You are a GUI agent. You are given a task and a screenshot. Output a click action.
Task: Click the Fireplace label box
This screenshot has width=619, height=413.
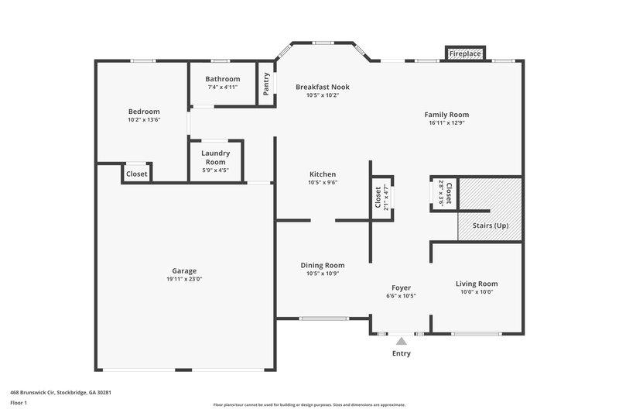[465, 53]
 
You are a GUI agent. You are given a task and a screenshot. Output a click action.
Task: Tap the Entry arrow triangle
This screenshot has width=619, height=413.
[401, 340]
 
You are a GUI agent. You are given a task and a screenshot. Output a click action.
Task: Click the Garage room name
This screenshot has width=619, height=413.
[184, 270]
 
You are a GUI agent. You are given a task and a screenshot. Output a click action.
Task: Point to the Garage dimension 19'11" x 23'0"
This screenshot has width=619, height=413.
[184, 280]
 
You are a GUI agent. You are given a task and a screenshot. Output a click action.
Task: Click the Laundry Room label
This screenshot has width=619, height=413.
[215, 158]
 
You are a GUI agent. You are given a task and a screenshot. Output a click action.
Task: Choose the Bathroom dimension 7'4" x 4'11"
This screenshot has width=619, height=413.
[222, 88]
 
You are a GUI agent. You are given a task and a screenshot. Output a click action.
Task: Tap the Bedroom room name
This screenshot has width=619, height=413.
[144, 112]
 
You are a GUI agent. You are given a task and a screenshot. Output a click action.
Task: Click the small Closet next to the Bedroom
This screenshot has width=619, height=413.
[137, 174]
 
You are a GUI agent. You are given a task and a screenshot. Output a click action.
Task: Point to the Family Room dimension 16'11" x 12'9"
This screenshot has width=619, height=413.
[449, 123]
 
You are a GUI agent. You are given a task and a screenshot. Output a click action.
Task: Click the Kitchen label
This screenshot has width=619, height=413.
[323, 174]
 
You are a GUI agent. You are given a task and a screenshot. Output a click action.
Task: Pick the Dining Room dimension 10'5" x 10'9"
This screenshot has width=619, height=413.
[323, 274]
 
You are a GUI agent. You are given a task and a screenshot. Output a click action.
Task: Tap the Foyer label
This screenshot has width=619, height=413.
[401, 287]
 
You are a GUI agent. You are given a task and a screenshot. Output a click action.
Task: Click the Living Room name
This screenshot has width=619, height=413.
[476, 284]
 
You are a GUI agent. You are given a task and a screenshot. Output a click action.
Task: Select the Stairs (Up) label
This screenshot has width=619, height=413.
[491, 225]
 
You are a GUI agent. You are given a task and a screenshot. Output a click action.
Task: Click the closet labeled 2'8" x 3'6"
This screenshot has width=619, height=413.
[445, 191]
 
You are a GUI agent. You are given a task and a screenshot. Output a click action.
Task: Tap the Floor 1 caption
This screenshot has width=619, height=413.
[19, 404]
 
